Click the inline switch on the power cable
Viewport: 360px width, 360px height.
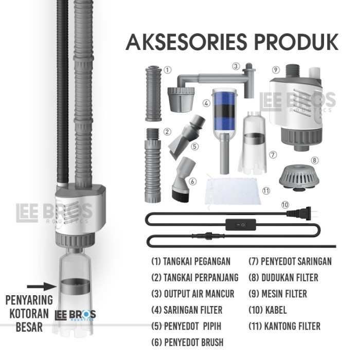(x=241, y=223)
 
